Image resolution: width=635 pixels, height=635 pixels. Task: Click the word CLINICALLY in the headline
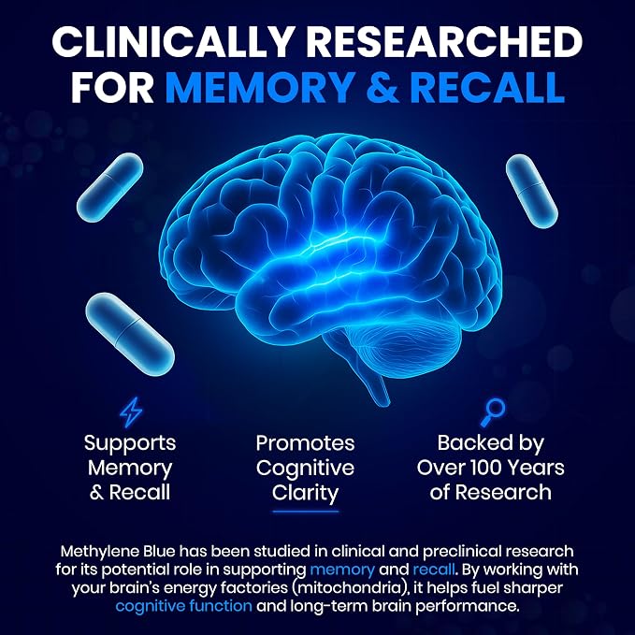click(172, 42)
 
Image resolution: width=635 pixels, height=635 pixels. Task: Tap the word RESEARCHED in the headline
click(444, 42)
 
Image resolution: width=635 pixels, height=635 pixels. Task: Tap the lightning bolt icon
click(130, 411)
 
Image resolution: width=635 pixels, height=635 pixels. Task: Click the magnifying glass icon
click(493, 411)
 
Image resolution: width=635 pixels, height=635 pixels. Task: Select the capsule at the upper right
click(532, 191)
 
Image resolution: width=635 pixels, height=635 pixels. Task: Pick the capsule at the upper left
click(109, 187)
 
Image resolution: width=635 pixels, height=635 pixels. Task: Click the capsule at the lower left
click(130, 334)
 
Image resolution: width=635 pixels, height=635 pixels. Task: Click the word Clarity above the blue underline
click(305, 493)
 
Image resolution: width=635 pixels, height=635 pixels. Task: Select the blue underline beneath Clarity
click(306, 512)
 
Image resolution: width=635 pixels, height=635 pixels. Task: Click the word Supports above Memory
click(130, 444)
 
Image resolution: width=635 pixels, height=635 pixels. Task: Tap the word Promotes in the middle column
click(305, 443)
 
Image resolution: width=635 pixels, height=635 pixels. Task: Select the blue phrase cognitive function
click(184, 606)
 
